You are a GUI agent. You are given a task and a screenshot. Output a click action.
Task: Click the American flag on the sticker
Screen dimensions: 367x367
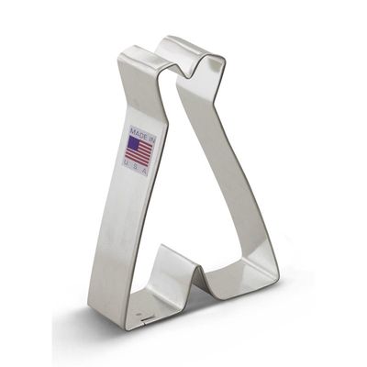pos(139,150)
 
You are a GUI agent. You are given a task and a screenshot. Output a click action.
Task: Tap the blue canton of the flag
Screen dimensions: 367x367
pos(132,142)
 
